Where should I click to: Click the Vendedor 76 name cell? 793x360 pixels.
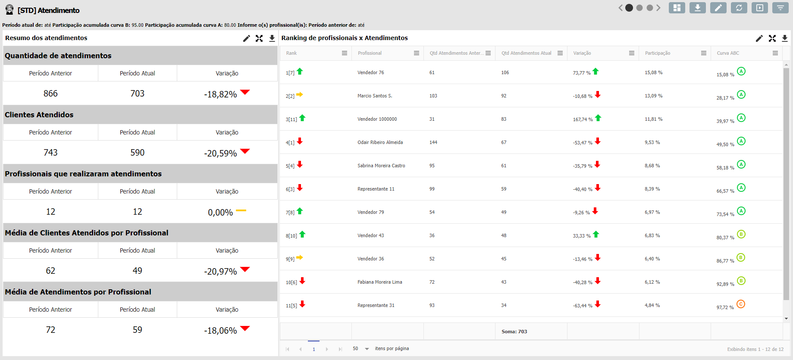370,72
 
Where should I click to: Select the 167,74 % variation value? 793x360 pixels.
583,119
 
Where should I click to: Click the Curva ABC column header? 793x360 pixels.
728,53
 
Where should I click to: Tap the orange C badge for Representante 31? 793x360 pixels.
741,304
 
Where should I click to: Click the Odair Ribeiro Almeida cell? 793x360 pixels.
380,142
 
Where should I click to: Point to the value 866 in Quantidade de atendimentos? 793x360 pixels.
50,94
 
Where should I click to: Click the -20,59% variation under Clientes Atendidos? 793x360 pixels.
220,153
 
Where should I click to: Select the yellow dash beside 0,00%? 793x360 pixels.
241,210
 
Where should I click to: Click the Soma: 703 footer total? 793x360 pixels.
514,332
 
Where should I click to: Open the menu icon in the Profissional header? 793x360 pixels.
416,53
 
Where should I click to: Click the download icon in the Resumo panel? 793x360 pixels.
272,38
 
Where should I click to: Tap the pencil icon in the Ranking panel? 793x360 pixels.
759,38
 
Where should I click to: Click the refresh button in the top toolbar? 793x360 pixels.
739,8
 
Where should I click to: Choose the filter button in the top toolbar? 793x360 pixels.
780,8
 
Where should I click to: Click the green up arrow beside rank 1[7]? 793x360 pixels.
300,72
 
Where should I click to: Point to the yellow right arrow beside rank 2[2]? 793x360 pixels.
300,94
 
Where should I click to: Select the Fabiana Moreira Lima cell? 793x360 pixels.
379,282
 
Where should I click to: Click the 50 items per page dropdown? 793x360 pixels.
361,348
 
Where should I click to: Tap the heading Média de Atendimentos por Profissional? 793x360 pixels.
78,292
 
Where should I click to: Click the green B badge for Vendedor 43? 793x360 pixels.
741,234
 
